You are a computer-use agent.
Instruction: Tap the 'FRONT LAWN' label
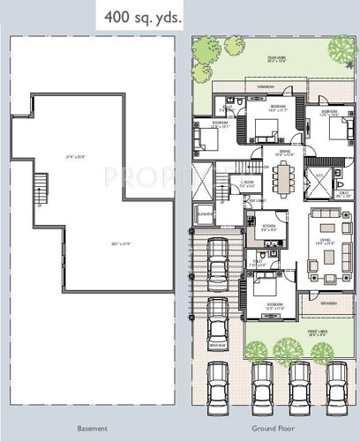pos(317,333)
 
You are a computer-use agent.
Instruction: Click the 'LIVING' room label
pos(326,242)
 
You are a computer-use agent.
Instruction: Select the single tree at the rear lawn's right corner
pos(341,44)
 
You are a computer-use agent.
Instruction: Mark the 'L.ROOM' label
pos(248,184)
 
